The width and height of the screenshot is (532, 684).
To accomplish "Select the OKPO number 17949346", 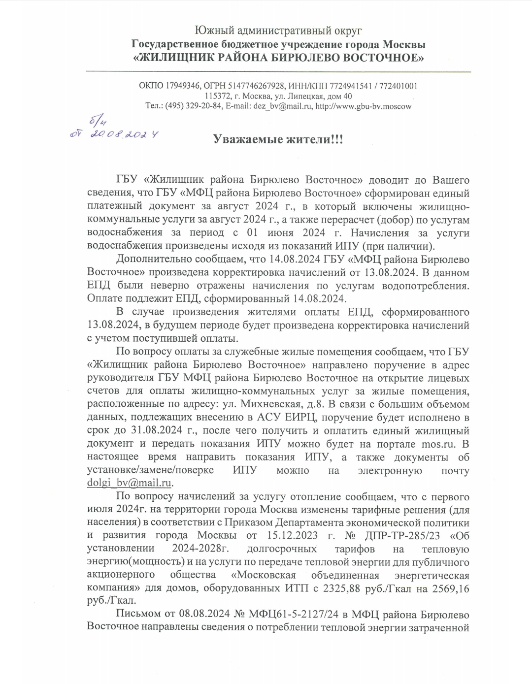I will (180, 86).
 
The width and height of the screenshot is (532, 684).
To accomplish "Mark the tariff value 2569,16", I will (451, 588).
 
